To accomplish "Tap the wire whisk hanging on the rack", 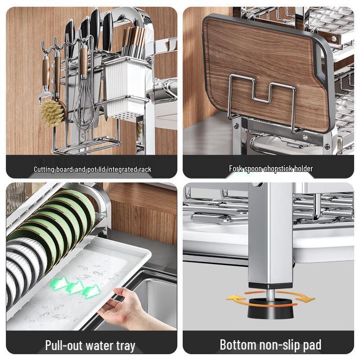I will [x=85, y=101].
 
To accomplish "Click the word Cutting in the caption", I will [x=45, y=169].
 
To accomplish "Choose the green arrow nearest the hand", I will [x=91, y=291].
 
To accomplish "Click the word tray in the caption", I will [x=122, y=346].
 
